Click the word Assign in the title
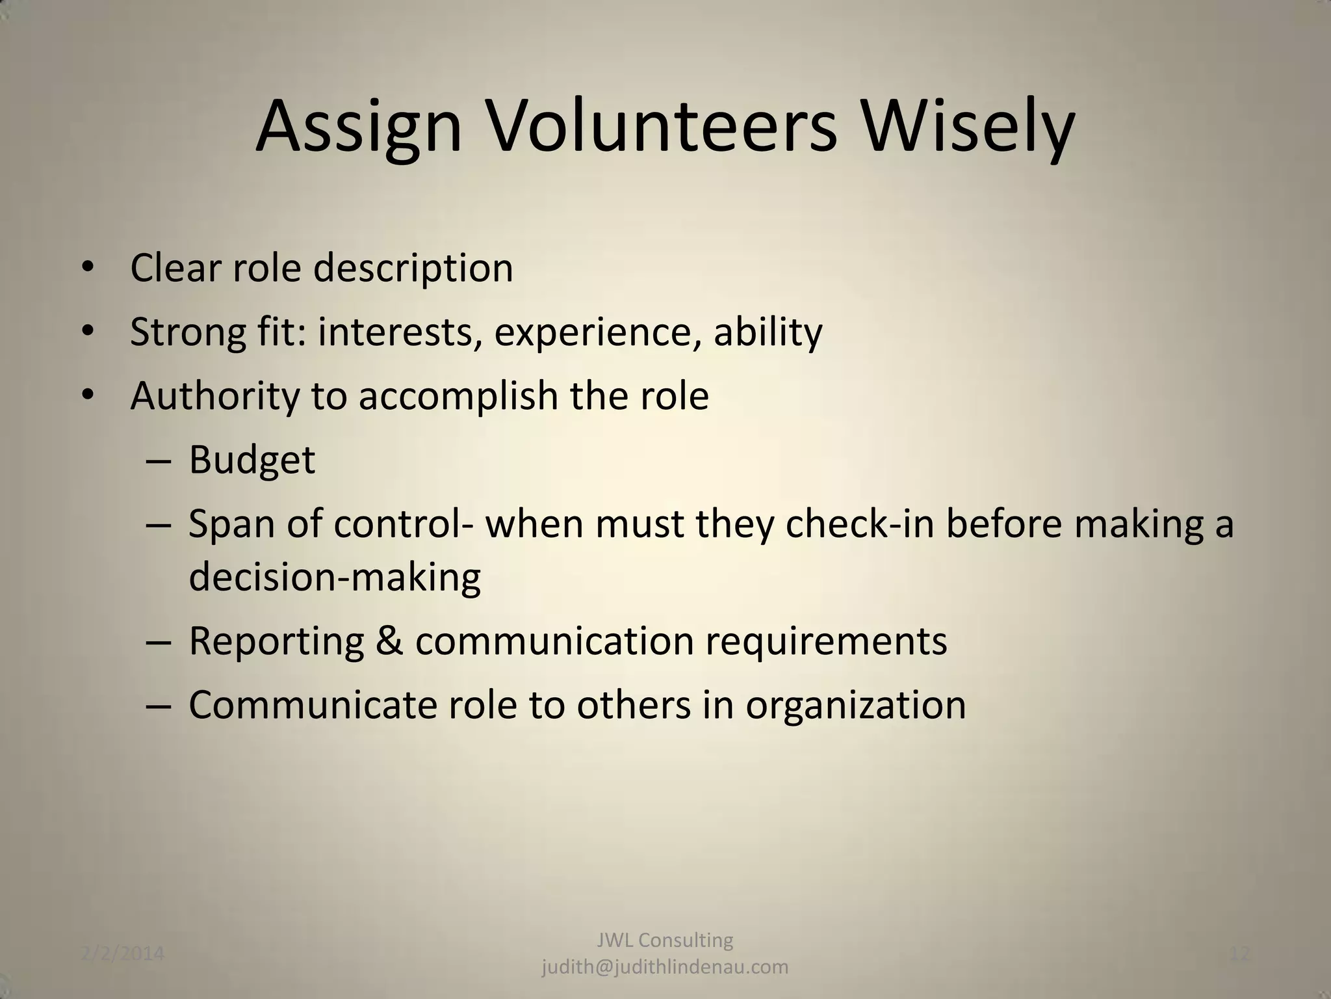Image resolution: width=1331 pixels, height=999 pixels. coord(358,127)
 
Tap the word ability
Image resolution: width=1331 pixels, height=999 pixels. coord(768,332)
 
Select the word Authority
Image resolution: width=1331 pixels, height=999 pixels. coord(214,397)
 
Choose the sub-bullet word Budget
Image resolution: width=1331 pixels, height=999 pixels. coord(252,460)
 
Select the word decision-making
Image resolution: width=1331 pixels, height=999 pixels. coord(335,578)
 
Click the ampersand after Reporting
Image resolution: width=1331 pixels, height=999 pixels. coord(389,641)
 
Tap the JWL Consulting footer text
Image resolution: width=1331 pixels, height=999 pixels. coord(665,940)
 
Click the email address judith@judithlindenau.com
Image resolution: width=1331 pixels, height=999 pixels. coord(665,967)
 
